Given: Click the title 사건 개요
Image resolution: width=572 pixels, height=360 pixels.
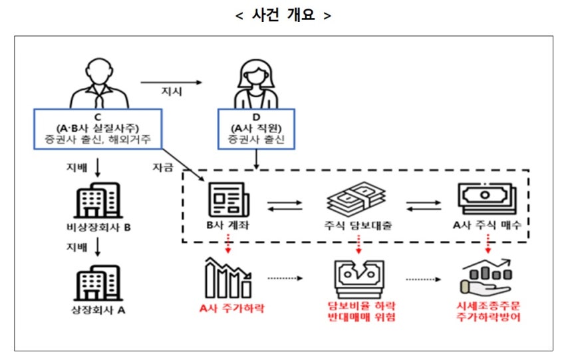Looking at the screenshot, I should coord(283,15).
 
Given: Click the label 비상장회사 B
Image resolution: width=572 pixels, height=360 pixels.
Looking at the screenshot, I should coord(97,228).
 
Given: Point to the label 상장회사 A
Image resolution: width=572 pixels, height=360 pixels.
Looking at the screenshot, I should coord(97,309).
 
